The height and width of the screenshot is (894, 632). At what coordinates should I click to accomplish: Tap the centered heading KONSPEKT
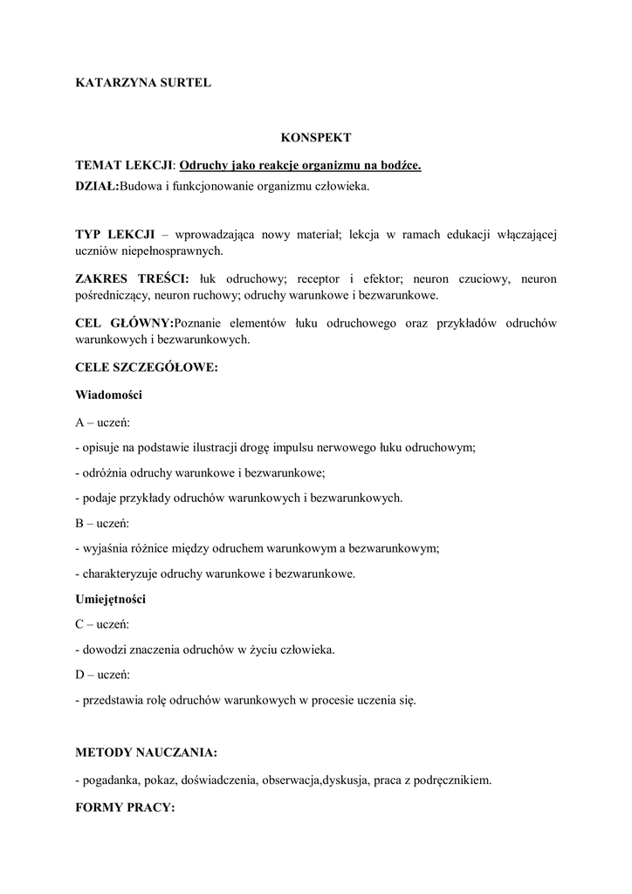315,138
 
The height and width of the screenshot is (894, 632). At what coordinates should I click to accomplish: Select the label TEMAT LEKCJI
125,165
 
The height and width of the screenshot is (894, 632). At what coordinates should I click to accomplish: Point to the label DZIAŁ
96,186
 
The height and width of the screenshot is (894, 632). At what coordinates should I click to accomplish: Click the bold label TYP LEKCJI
115,235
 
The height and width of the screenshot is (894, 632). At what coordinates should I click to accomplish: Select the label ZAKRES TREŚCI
132,279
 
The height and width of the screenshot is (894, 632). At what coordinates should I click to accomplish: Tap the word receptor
319,279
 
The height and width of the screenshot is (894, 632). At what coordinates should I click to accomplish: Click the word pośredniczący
113,296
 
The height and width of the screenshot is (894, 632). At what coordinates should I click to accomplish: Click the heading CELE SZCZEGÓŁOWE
146,368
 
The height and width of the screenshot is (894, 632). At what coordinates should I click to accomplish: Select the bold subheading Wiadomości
109,395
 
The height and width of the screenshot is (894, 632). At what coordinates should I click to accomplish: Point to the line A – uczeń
103,422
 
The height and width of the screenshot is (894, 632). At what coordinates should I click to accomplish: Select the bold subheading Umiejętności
111,600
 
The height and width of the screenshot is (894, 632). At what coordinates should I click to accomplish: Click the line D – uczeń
103,675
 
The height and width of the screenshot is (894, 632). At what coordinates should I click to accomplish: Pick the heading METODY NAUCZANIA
146,752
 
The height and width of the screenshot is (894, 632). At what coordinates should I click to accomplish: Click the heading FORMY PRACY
125,808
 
